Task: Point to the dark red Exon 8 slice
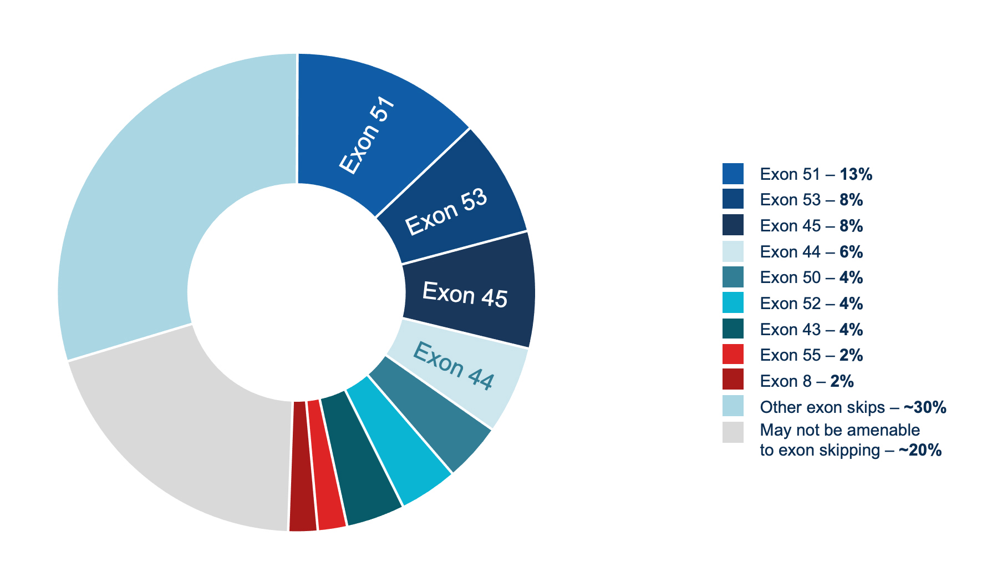click(301, 466)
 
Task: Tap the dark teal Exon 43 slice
click(360, 461)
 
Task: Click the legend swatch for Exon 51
click(733, 174)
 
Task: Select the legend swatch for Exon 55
click(733, 355)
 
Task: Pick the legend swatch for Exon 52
click(733, 303)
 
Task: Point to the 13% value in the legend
click(856, 174)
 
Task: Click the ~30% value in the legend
click(924, 407)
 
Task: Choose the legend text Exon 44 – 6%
click(811, 252)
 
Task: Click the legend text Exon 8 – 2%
click(806, 381)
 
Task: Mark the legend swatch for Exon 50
click(733, 277)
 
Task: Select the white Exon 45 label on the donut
click(465, 294)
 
